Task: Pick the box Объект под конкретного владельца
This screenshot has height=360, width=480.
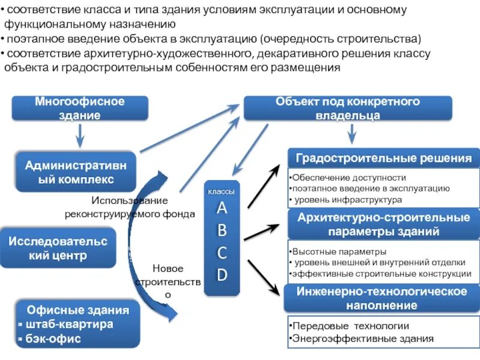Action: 347,109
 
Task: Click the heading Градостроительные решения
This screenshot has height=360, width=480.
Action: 383,159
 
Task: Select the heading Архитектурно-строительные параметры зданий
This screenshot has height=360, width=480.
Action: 383,224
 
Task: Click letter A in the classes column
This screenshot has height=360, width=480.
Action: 222,208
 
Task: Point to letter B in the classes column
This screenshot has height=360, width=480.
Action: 222,230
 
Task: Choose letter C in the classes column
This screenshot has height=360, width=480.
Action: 222,253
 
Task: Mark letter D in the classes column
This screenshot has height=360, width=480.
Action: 222,275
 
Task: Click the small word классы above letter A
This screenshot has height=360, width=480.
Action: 221,191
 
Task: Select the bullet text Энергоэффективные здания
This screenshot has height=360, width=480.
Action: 362,338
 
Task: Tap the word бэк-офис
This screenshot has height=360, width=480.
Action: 55,339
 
